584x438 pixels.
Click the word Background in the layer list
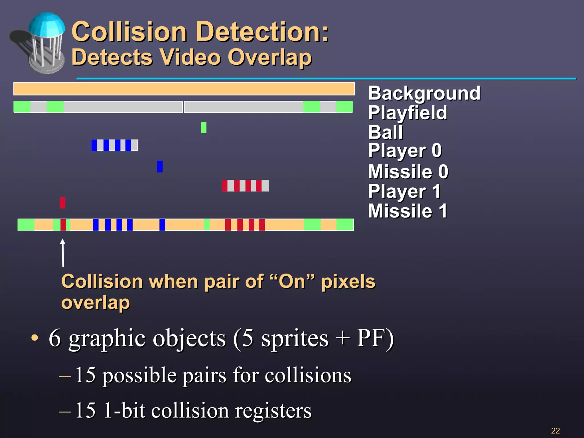coord(424,93)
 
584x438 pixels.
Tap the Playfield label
coord(407,113)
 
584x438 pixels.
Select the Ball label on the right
coord(385,132)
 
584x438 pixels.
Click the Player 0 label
coord(405,151)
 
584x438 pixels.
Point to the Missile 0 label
coord(408,172)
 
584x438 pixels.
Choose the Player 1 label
coord(404,191)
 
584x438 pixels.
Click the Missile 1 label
coord(407,211)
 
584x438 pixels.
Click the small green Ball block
coord(203,127)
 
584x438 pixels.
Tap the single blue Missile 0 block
coord(160,167)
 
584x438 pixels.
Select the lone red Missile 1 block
coord(62,202)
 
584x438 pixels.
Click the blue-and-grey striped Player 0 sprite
coord(115,145)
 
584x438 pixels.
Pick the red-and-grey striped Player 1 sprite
coord(245,186)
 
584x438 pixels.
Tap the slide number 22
coord(555,431)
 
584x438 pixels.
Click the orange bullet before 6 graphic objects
coord(35,338)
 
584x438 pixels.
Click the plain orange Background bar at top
coord(184,89)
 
